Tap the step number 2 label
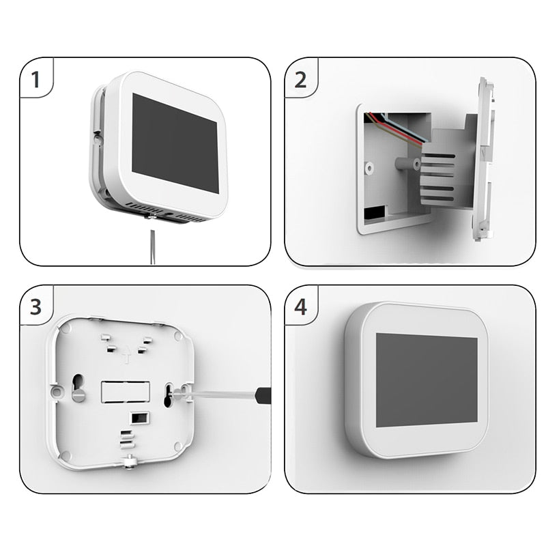coord(301,80)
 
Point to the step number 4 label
coord(301,306)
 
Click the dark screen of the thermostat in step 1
coord(174,142)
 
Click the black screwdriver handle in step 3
coord(262,394)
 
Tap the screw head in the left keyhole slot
coord(78,394)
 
